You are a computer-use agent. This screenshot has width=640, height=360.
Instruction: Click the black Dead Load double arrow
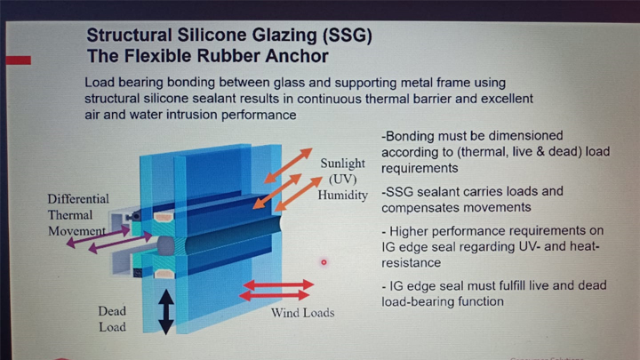pyautogui.click(x=166, y=312)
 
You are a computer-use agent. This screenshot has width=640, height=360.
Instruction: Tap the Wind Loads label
pyautogui.click(x=302, y=313)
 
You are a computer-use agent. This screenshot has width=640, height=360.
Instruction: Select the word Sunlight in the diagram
pyautogui.click(x=342, y=164)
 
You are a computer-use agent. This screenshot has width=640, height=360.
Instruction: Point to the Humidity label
pyautogui.click(x=343, y=195)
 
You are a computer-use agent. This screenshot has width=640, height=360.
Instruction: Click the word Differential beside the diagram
pyautogui.click(x=78, y=199)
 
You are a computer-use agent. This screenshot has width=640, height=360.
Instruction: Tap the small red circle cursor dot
pyautogui.click(x=324, y=262)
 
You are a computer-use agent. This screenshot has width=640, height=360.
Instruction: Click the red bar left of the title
pyautogui.click(x=19, y=60)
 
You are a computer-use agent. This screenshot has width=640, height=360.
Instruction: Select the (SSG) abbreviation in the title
pyautogui.click(x=347, y=36)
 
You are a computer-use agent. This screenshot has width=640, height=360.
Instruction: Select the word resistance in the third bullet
pyautogui.click(x=411, y=262)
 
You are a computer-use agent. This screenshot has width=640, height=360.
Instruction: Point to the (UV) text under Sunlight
pyautogui.click(x=343, y=180)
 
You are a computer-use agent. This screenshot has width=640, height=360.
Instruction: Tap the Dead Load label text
pyautogui.click(x=112, y=319)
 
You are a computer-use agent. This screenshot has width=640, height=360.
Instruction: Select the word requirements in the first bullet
pyautogui.click(x=420, y=168)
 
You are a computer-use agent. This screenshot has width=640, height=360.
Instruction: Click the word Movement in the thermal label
pyautogui.click(x=76, y=231)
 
